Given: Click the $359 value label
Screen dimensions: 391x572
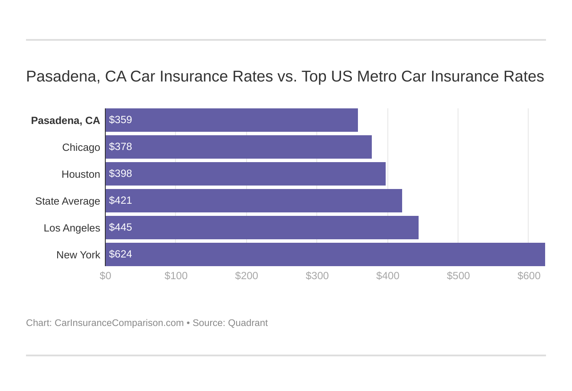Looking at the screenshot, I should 120,120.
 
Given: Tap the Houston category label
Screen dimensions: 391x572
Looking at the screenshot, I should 81,174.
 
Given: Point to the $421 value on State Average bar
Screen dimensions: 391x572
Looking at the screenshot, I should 120,201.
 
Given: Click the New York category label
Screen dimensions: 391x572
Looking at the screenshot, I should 78,255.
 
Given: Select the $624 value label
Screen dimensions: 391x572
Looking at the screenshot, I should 120,254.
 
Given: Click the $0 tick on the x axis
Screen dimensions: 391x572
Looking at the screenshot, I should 105,276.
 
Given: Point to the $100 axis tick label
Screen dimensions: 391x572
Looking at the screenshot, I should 176,276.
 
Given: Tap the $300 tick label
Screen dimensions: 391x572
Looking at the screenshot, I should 317,276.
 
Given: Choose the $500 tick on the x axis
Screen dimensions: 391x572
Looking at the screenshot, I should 458,276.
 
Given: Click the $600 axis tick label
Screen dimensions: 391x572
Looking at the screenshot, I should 529,276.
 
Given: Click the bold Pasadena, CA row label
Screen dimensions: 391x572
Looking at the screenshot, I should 65,121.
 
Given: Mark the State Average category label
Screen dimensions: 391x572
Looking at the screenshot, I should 68,201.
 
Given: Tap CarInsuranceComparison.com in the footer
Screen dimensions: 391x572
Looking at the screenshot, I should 119,323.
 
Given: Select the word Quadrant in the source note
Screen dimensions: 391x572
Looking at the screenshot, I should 248,323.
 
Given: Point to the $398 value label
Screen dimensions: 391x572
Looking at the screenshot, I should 120,174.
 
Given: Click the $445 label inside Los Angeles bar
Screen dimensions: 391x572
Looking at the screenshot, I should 120,228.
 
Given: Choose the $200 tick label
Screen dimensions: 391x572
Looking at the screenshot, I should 247,276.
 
